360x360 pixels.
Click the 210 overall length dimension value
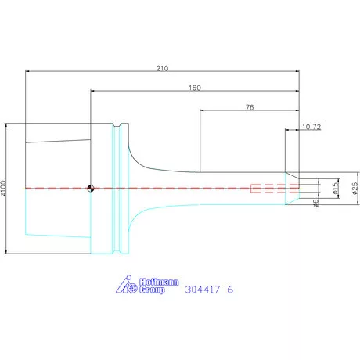coord(162,68)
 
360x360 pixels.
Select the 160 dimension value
coord(195,88)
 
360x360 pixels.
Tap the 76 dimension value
coord(250,107)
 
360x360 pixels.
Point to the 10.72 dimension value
coord(311,127)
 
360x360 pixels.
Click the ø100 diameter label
coord(3,188)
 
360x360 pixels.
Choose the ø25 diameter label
coord(355,189)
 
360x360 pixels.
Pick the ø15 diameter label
coord(336,188)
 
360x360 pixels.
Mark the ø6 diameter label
coord(316,203)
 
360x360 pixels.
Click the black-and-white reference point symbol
coord(91,189)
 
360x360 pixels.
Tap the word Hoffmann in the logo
coord(159,282)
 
